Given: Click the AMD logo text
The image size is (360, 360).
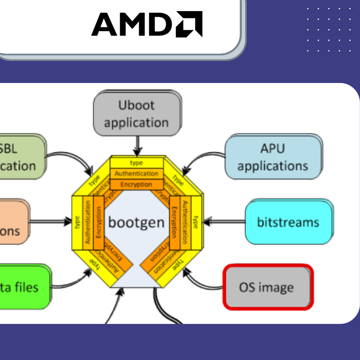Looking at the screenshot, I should pyautogui.click(x=133, y=24).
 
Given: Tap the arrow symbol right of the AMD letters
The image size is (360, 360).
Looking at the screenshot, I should pyautogui.click(x=189, y=24).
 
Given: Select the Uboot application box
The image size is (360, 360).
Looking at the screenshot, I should pyautogui.click(x=137, y=114).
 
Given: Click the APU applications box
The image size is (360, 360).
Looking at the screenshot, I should pyautogui.click(x=273, y=157).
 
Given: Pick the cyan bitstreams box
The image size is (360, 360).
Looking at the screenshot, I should pyautogui.click(x=288, y=222).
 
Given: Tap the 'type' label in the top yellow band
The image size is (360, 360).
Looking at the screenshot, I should pyautogui.click(x=136, y=163).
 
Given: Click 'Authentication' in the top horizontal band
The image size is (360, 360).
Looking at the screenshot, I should pyautogui.click(x=136, y=174).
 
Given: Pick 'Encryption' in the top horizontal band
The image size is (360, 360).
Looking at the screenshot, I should pyautogui.click(x=136, y=184).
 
